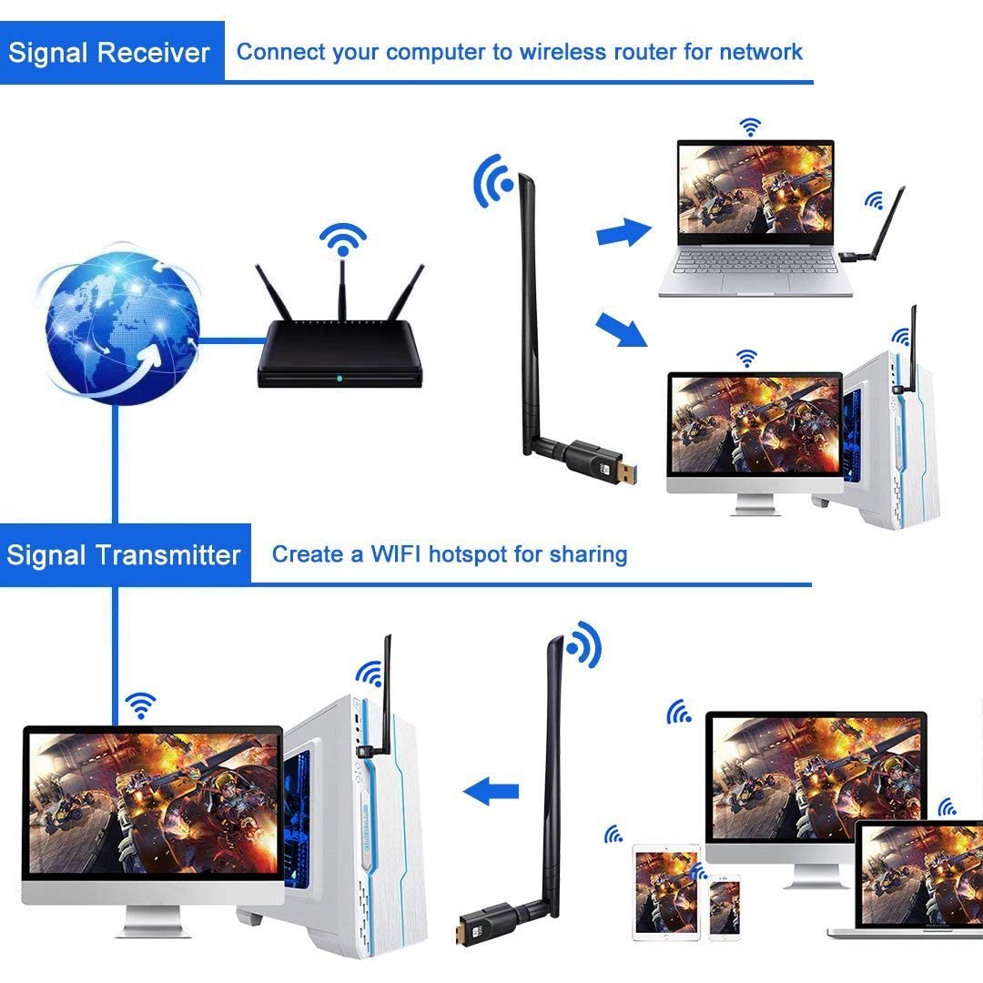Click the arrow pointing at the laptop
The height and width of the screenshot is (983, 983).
point(623,234)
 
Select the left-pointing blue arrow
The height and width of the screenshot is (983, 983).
point(491,791)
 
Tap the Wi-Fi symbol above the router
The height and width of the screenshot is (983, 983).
point(342,242)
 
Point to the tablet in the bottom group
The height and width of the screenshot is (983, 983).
point(666,892)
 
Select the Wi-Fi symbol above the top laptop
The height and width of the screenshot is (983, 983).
point(750,127)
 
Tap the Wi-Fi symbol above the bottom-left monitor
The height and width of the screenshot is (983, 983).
point(140,704)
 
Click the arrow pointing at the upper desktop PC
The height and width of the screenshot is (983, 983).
point(622,331)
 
